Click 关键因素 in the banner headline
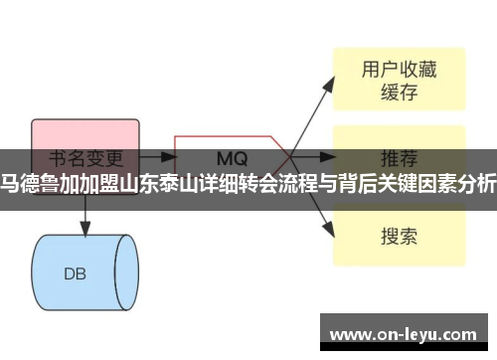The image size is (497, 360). (408, 181)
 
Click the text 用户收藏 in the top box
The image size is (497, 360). (398, 70)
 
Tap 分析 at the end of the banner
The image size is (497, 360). (476, 181)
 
